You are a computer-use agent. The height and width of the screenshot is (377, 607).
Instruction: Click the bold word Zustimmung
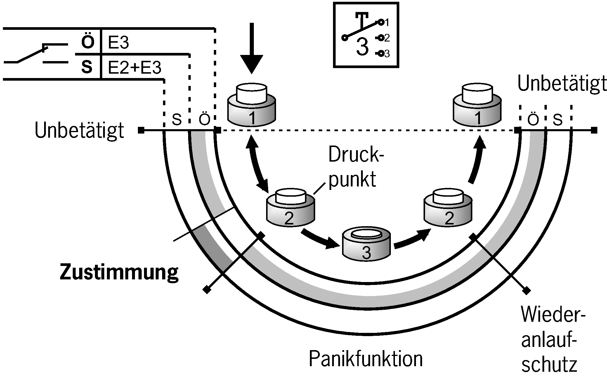119,272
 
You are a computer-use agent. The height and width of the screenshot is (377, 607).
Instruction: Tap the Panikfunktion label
366,359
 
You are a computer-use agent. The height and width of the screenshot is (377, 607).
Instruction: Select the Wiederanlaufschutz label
549,340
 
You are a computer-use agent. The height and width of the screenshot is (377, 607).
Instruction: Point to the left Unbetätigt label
79,131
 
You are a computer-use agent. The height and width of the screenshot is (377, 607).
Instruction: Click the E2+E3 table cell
134,68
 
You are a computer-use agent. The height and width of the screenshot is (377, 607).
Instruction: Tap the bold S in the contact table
86,67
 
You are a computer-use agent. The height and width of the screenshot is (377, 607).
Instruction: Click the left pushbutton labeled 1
252,105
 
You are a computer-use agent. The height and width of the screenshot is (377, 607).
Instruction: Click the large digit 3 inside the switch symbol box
362,48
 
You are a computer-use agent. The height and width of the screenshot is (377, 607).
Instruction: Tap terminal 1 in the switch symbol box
381,22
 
